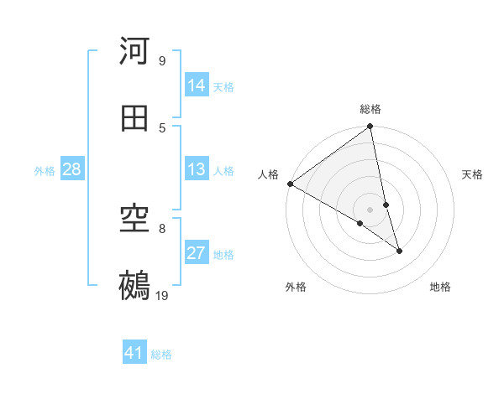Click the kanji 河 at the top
[135, 51]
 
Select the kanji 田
[135, 118]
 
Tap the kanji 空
[135, 219]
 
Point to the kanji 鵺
[135, 285]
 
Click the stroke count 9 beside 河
[162, 60]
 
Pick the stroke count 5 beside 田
[162, 127]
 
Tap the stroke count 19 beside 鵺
[162, 295]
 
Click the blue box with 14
[197, 86]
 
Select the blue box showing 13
[197, 169]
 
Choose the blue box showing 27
[197, 253]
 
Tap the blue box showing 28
[72, 169]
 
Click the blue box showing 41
[135, 353]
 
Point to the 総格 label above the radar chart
[370, 109]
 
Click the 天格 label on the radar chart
[472, 174]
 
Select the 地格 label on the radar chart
[440, 288]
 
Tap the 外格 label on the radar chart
[296, 288]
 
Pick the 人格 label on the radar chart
[268, 174]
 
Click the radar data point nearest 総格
[370, 127]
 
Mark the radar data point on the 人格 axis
[290, 184]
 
